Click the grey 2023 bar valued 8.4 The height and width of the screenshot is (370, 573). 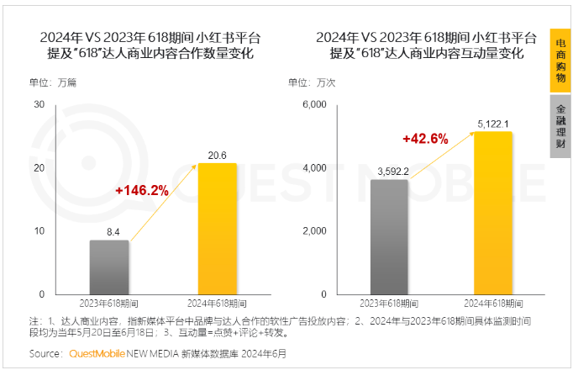(109, 267)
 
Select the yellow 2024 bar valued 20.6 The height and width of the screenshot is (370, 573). (217, 228)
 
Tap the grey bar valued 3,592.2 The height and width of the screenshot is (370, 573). (389, 236)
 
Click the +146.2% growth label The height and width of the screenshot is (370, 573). (142, 191)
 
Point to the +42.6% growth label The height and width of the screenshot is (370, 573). (425, 140)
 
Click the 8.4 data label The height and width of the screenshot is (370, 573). (109, 230)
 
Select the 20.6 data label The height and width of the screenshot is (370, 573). (218, 154)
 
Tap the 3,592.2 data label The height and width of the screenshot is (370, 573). (389, 172)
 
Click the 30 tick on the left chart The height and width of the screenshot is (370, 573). (39, 104)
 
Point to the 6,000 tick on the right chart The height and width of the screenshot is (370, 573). (313, 104)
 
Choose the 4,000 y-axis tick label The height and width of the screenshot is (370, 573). (313, 167)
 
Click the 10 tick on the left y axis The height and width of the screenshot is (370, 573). (39, 230)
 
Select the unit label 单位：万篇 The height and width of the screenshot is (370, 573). (53, 82)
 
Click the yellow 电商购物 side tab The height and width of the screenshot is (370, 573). (560, 60)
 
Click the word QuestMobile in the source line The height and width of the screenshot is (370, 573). (96, 353)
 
